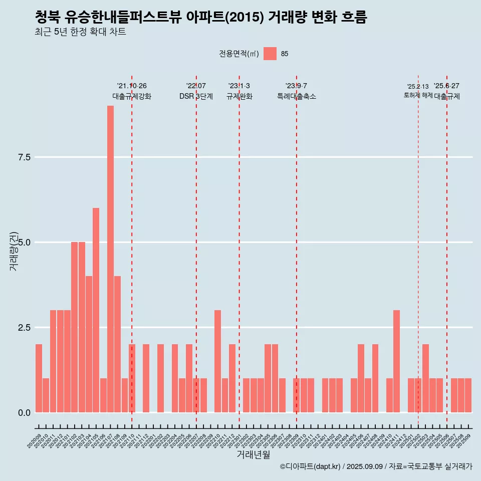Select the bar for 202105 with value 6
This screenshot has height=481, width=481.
pyautogui.click(x=96, y=310)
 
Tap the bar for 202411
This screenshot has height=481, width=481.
pyautogui.click(x=396, y=361)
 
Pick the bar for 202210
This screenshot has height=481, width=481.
pyautogui.click(x=217, y=361)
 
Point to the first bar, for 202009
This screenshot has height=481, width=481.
pyautogui.click(x=39, y=378)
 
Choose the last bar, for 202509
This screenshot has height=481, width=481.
pyautogui.click(x=468, y=395)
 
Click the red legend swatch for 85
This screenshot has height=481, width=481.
pyautogui.click(x=270, y=54)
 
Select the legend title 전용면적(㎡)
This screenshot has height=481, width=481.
pyautogui.click(x=239, y=54)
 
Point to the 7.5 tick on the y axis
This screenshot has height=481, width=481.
pyautogui.click(x=25, y=157)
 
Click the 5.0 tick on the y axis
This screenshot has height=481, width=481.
pyautogui.click(x=25, y=243)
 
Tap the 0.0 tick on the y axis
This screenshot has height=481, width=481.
pyautogui.click(x=25, y=413)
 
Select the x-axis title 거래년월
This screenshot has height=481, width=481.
pyautogui.click(x=253, y=455)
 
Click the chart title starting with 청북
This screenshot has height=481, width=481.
pyautogui.click(x=201, y=18)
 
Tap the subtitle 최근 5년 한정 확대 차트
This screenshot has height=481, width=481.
pyautogui.click(x=80, y=32)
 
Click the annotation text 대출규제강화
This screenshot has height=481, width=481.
pyautogui.click(x=131, y=96)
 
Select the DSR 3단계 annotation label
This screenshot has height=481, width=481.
pyautogui.click(x=196, y=96)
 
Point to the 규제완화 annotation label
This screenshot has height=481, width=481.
pyautogui.click(x=239, y=96)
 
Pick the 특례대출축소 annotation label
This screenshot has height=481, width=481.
pyautogui.click(x=296, y=96)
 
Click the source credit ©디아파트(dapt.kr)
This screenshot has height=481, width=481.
pyautogui.click(x=310, y=466)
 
